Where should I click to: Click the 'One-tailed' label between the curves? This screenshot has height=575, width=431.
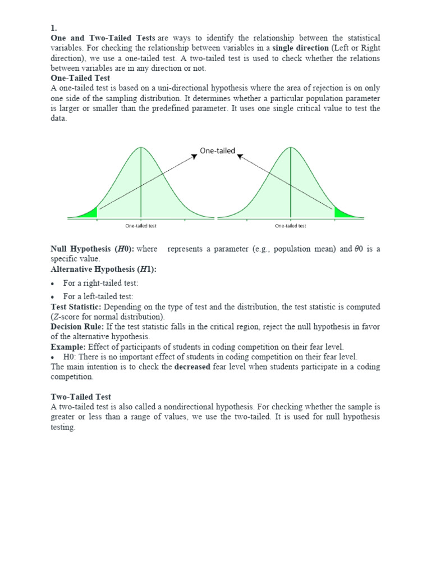click(x=218, y=151)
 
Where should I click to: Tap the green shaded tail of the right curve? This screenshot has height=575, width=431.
click(x=342, y=213)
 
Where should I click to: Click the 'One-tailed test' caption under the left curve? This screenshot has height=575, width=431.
click(x=140, y=226)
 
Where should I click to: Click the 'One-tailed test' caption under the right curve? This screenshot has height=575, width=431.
click(x=291, y=226)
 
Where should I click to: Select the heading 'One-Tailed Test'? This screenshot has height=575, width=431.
click(x=80, y=78)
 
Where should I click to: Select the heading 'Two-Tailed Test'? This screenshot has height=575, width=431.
click(x=81, y=397)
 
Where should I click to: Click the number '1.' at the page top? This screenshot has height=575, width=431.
click(x=54, y=28)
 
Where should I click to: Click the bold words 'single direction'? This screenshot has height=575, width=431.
click(x=300, y=48)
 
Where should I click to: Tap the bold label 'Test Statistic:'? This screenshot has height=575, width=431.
click(x=76, y=307)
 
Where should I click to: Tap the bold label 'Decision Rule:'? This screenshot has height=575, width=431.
click(x=77, y=327)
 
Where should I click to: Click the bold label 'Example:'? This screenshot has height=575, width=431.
click(x=68, y=347)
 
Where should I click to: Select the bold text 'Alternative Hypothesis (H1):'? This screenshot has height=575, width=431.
click(x=103, y=270)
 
